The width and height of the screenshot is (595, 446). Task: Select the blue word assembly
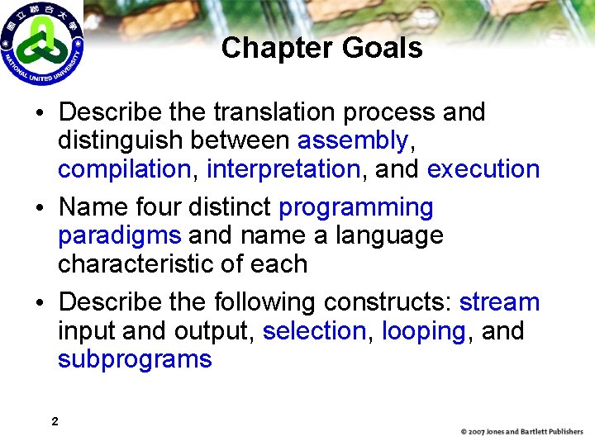(x=353, y=140)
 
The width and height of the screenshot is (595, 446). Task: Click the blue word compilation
(x=124, y=169)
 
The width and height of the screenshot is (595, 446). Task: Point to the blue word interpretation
(x=283, y=169)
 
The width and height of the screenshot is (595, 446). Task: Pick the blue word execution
(x=483, y=169)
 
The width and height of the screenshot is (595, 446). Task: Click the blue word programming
(x=356, y=207)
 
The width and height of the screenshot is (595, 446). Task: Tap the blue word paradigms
(x=119, y=235)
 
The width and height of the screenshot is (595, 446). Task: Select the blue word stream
(x=499, y=302)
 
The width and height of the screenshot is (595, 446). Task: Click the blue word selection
(x=314, y=331)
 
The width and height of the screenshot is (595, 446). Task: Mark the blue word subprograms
(x=135, y=360)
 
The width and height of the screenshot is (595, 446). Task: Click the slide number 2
(x=55, y=422)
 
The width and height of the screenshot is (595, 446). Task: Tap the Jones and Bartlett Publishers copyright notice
(x=521, y=431)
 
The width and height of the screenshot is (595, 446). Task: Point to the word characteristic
(x=136, y=264)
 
